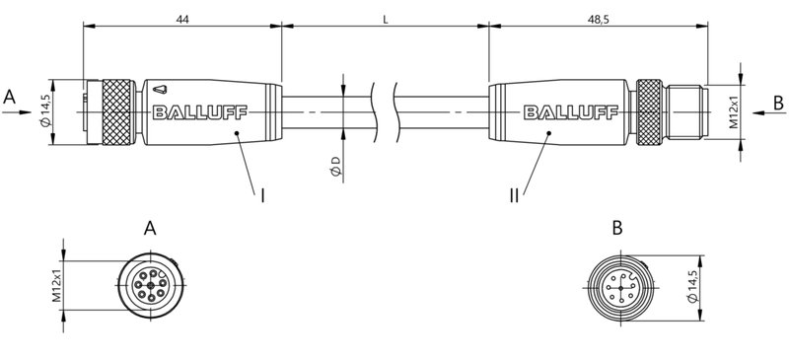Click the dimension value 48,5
[x=597, y=18]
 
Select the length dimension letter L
[x=385, y=18]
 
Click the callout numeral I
[x=263, y=195]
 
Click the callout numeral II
[x=514, y=195]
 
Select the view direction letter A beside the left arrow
[x=10, y=97]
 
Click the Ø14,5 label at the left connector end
[x=44, y=111]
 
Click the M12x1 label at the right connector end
[x=735, y=112]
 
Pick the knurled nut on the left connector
[x=111, y=112]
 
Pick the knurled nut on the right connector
[x=648, y=112]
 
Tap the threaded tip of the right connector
[x=684, y=112]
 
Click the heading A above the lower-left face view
[x=150, y=229]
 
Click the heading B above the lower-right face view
[x=616, y=229]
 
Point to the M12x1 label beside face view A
[x=57, y=286]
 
